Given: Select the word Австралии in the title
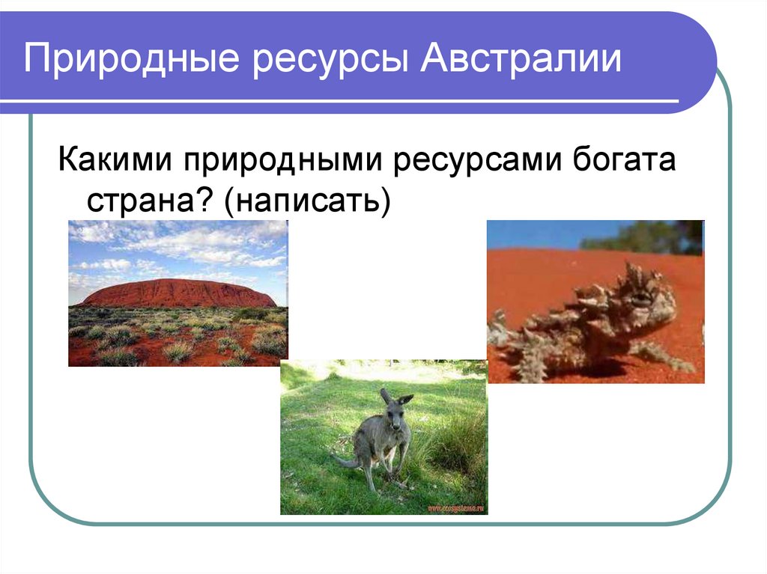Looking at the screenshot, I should pos(520,60).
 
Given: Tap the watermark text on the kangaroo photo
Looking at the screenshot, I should pos(455,507).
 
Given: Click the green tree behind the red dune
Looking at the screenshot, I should pos(644,236).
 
